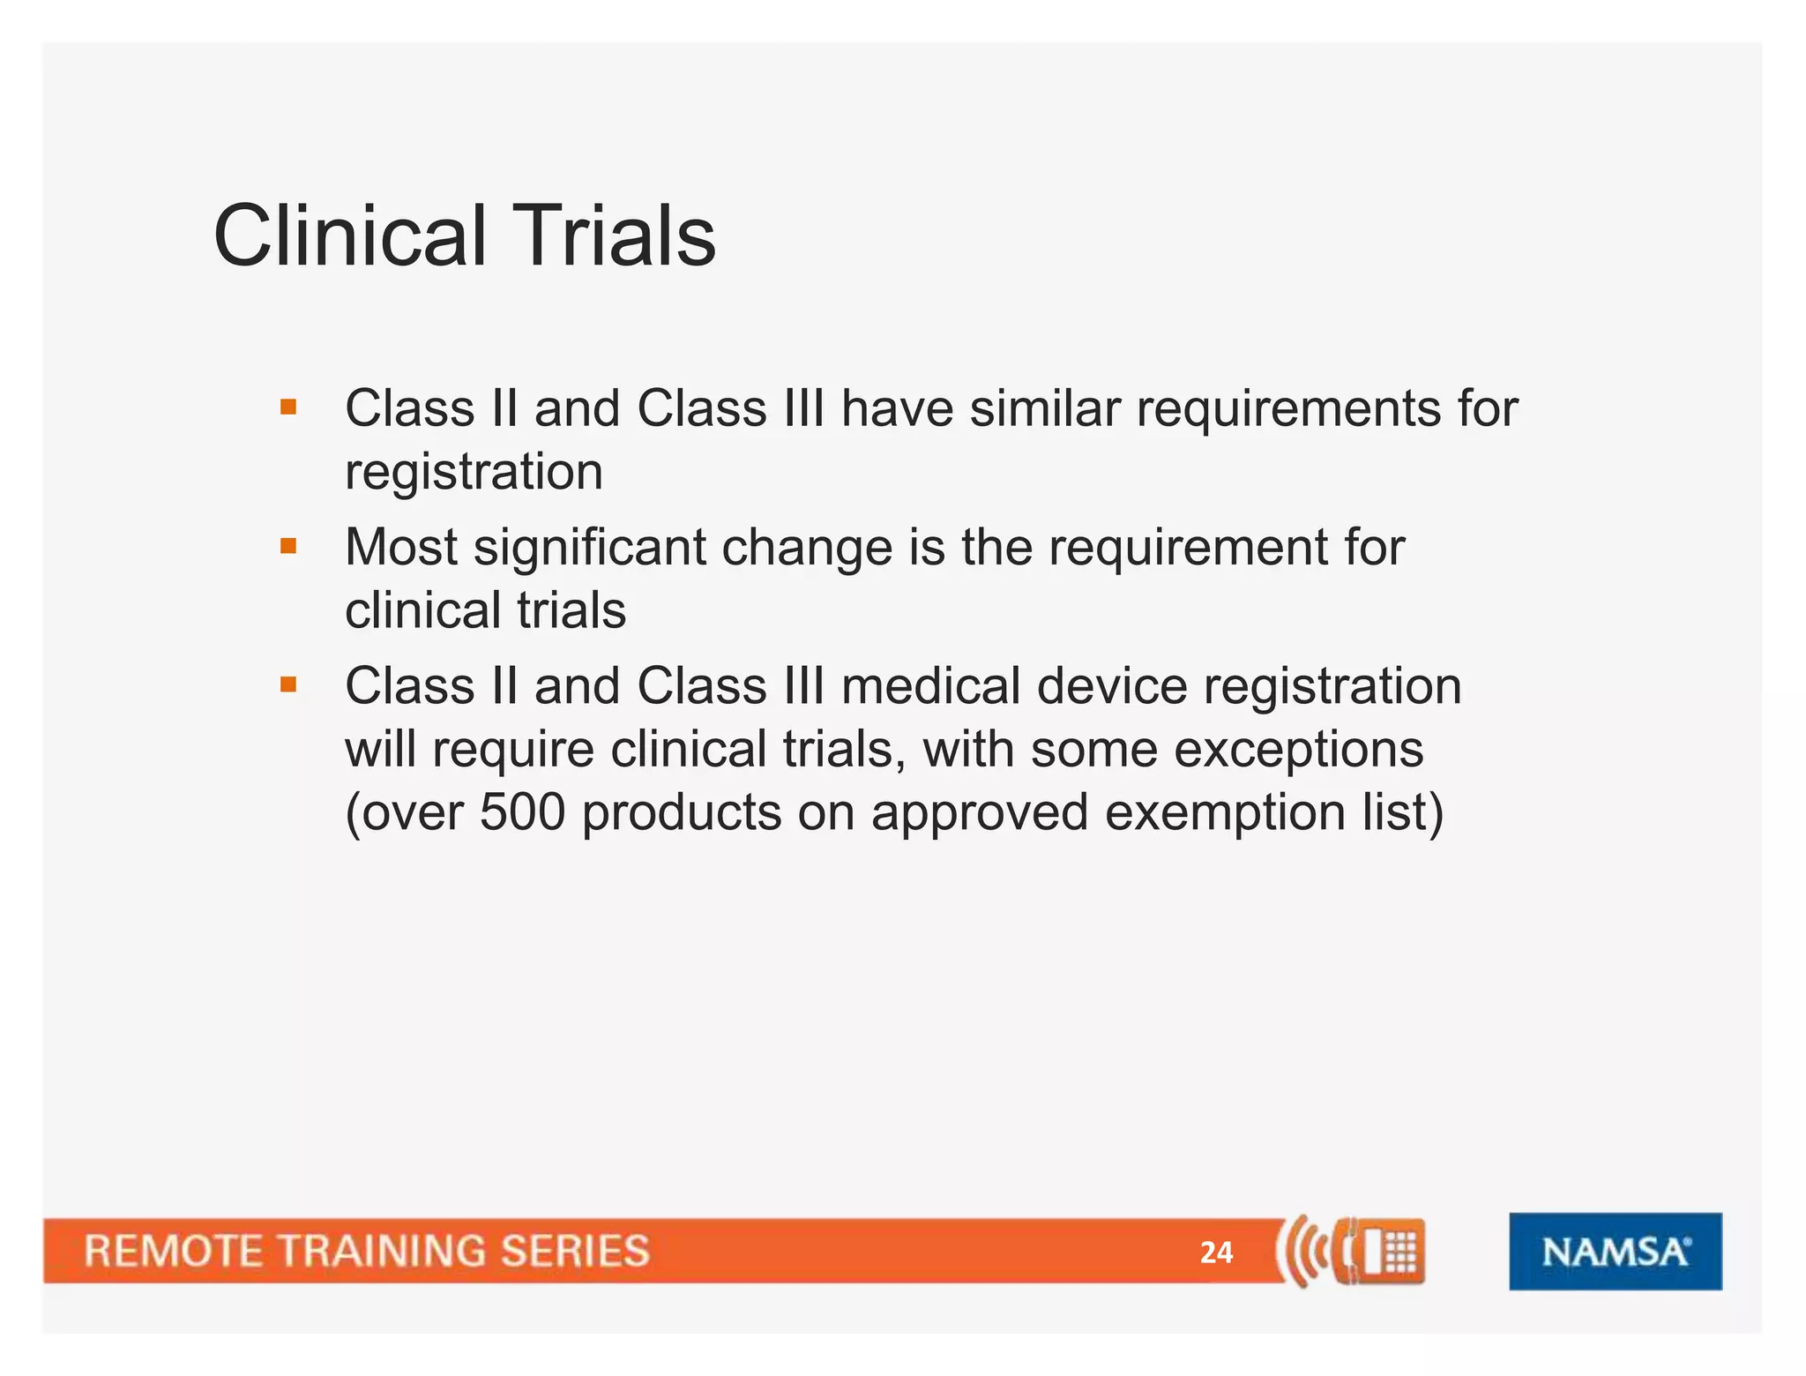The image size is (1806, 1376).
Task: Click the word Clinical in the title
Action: [x=350, y=236]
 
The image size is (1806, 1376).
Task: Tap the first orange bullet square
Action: [x=288, y=408]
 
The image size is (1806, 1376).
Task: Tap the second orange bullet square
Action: [x=288, y=546]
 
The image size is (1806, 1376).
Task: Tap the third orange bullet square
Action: [x=288, y=684]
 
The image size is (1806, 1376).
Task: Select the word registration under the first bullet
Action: [x=474, y=473]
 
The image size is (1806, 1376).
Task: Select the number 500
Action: [x=522, y=812]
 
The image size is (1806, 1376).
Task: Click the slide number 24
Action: [x=1216, y=1253]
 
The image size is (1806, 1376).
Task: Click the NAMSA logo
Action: [x=1615, y=1252]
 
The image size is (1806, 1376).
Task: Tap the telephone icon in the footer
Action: [x=1380, y=1251]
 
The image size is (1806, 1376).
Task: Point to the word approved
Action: [x=979, y=812]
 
